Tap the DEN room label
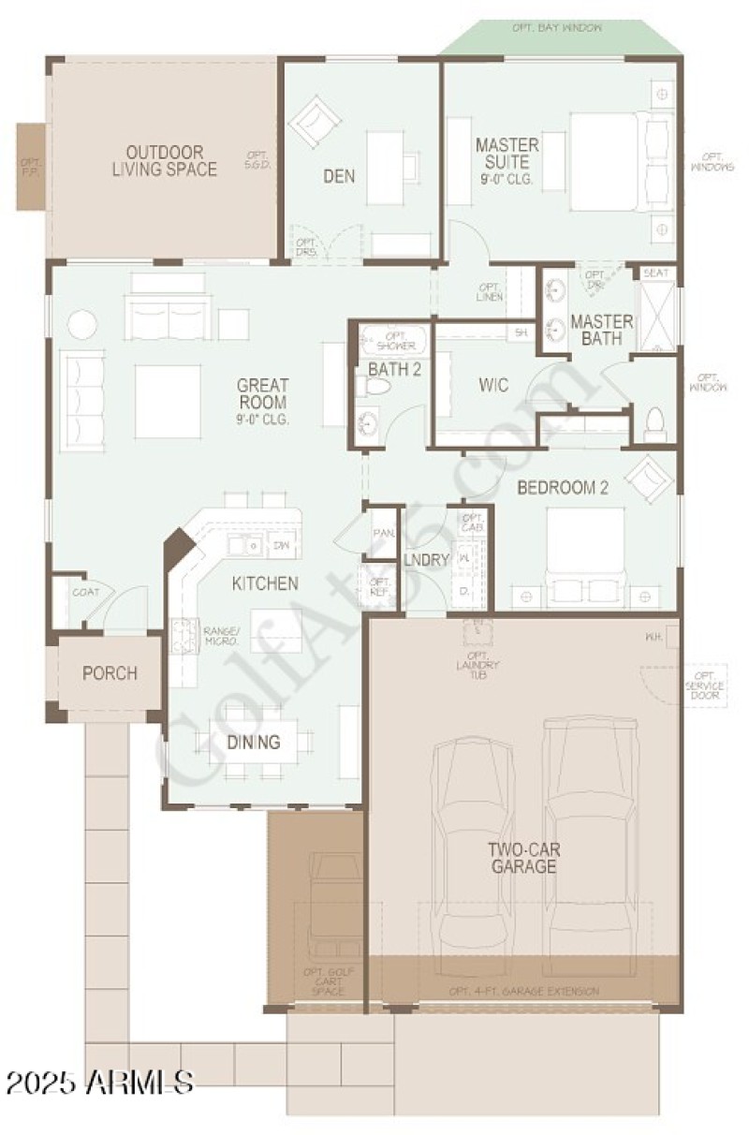point(339,175)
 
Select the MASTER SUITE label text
point(507,159)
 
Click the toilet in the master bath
point(655,424)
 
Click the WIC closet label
point(493,385)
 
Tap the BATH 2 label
point(394,369)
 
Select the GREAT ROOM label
point(263,393)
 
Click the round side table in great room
point(82,324)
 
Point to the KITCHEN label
point(265,583)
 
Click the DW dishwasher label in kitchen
point(282,544)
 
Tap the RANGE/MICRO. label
point(222,637)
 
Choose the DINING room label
point(254,743)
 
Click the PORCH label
point(110,673)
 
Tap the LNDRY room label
point(427,560)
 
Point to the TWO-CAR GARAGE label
point(522,858)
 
